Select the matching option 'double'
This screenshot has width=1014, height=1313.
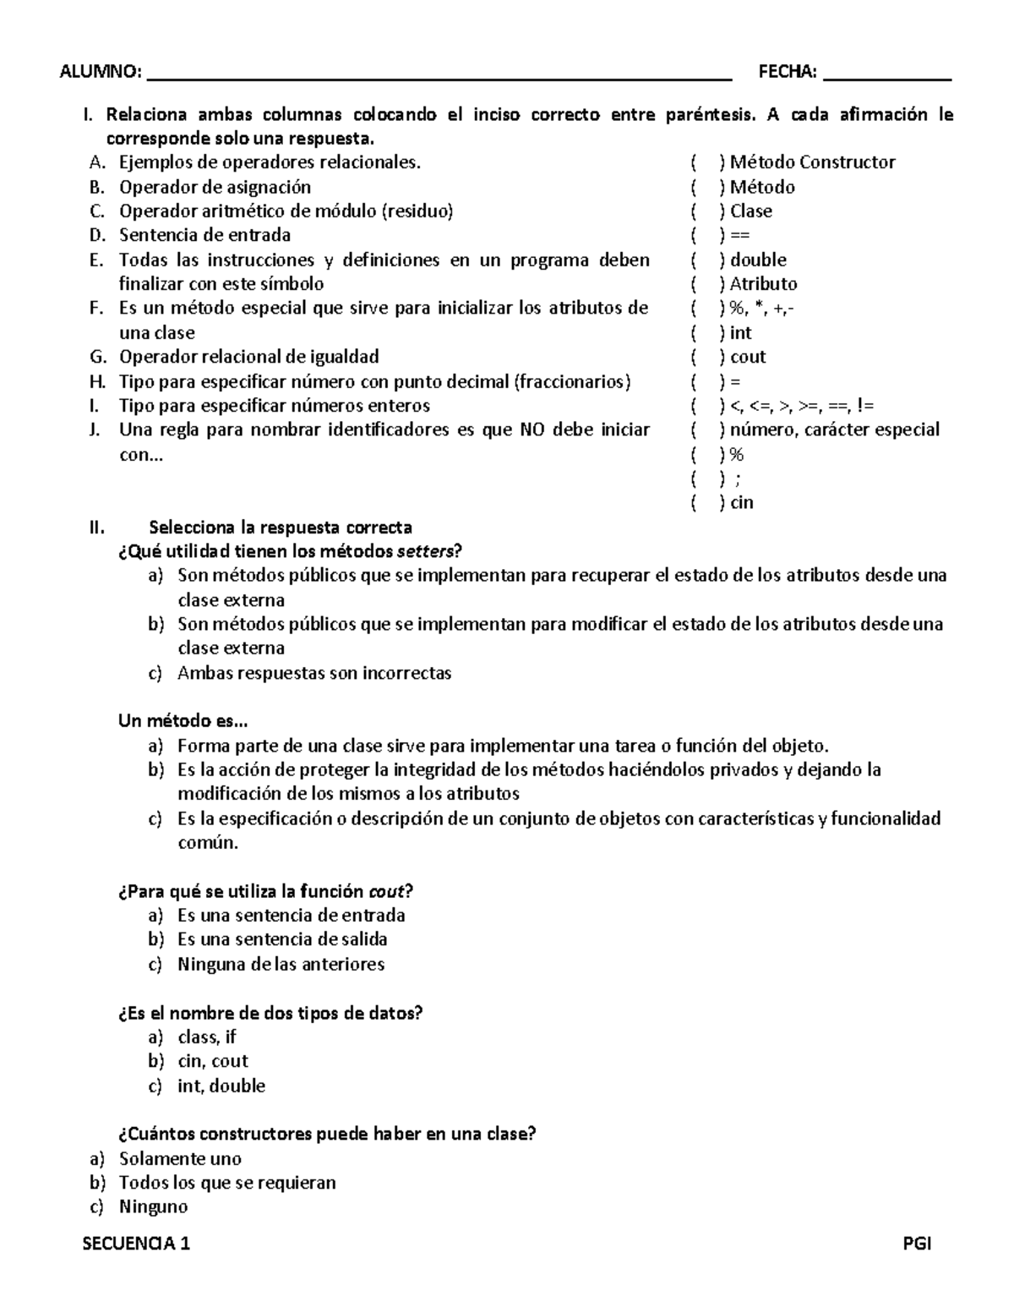(758, 260)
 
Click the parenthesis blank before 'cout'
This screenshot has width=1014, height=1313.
(705, 357)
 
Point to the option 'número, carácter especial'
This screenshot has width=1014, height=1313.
(834, 430)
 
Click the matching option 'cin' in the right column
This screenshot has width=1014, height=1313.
(741, 503)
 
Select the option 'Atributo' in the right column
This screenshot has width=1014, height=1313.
(763, 284)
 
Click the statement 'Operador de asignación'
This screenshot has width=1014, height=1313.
(215, 187)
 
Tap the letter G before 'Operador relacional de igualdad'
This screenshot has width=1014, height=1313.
(95, 357)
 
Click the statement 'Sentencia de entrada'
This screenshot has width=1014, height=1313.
(204, 235)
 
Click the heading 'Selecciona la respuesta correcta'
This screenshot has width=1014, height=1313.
(281, 528)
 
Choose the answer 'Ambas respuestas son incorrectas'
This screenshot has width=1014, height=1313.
(314, 673)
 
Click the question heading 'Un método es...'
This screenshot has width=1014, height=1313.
(183, 721)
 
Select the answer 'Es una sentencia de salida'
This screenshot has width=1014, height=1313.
(282, 939)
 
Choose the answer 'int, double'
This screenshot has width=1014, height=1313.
(221, 1086)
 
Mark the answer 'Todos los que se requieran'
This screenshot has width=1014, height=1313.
(227, 1183)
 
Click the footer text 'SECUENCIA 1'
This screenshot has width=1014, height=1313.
(137, 1244)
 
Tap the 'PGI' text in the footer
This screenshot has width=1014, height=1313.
(917, 1244)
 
